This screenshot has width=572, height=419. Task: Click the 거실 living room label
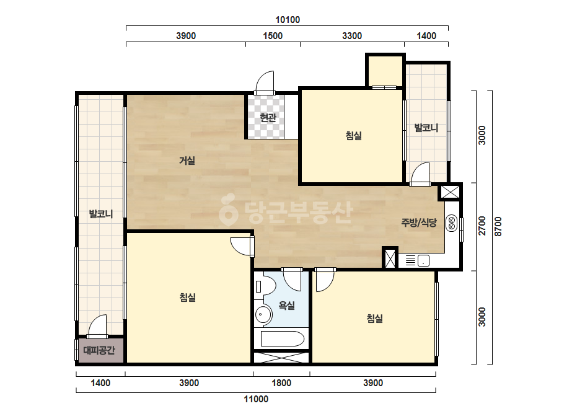187,161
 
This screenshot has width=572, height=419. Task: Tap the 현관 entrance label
268,118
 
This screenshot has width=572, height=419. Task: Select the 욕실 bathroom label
287,305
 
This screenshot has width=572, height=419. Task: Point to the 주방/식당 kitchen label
419,223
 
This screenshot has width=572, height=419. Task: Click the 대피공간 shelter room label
99,350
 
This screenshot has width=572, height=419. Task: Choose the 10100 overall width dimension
288,20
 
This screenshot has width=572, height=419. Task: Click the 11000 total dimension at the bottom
256,399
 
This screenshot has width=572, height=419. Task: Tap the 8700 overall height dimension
498,226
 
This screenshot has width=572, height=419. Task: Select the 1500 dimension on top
273,36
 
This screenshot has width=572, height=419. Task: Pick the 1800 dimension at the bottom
281,383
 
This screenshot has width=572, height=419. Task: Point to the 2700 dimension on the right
482,226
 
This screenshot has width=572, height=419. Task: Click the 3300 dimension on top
352,36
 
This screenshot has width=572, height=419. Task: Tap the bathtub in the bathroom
283,338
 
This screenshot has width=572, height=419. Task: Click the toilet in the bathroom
264,286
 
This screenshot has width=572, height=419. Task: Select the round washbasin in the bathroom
263,314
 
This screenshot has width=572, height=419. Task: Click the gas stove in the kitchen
452,223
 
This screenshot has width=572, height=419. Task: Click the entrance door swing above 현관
265,82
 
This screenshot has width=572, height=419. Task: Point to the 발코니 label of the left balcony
101,214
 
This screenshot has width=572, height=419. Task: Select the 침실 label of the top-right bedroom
354,136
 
